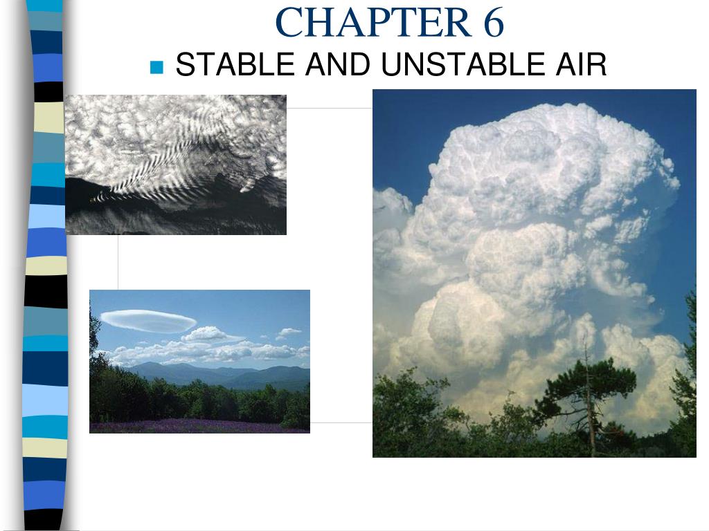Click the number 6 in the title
pyautogui.click(x=490, y=22)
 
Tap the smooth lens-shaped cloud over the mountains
pyautogui.click(x=147, y=320)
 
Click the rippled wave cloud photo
pyautogui.click(x=175, y=165)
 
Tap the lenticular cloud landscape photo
pyautogui.click(x=199, y=361)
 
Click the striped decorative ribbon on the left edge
pyautogui.click(x=46, y=265)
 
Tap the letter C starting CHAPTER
pyautogui.click(x=287, y=22)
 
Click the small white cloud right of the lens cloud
pyautogui.click(x=289, y=333)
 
